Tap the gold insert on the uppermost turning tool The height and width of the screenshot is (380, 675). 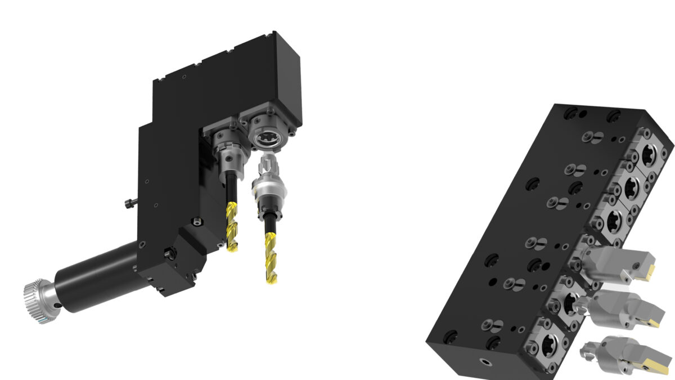[649, 271]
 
